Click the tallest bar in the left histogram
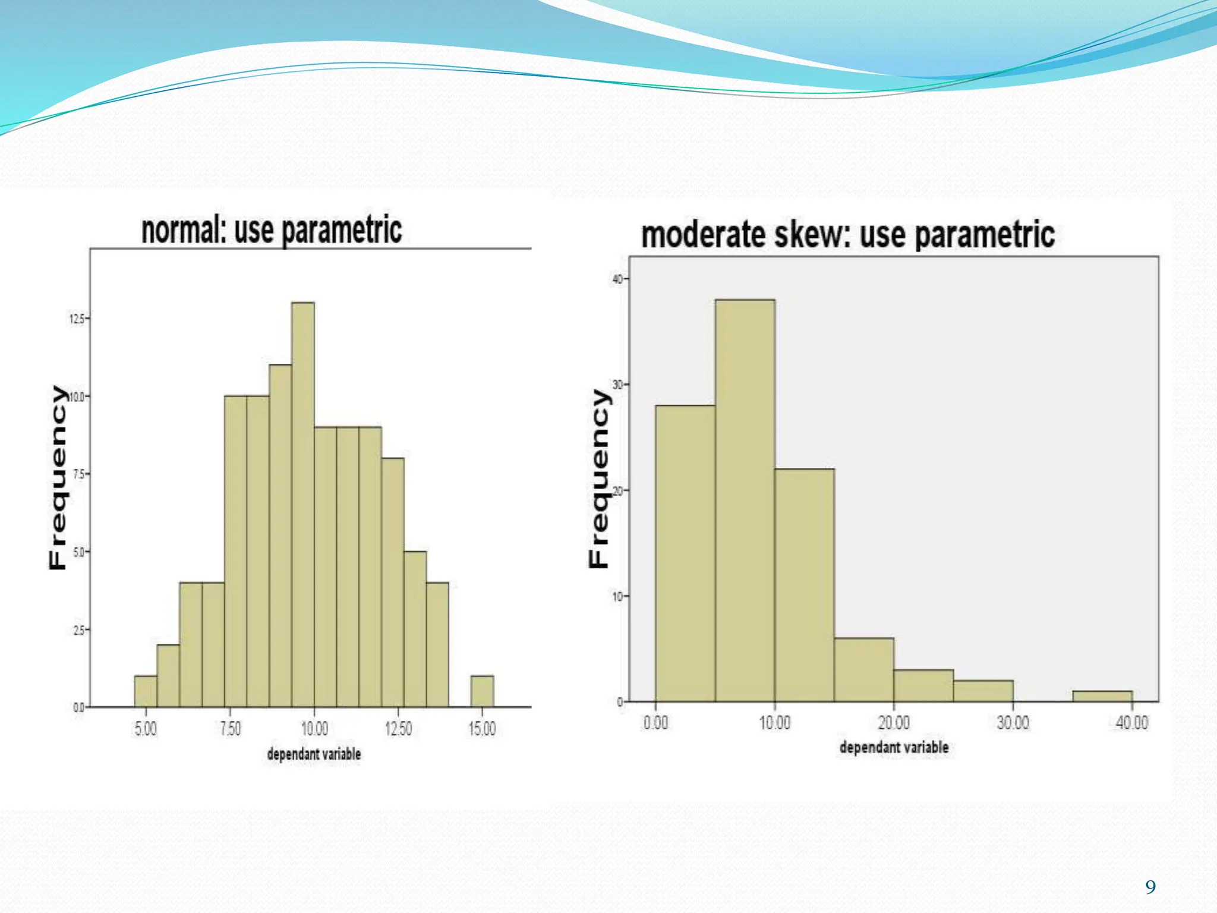click(x=303, y=505)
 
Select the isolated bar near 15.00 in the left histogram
click(x=482, y=691)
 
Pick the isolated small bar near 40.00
click(x=1102, y=696)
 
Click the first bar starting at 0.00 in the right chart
click(x=685, y=553)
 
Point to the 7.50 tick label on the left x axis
click(x=231, y=729)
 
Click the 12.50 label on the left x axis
click(x=398, y=729)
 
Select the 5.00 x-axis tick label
click(x=146, y=729)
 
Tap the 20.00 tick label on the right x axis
click(x=894, y=723)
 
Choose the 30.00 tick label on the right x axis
click(x=1013, y=723)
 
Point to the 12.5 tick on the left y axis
click(x=77, y=319)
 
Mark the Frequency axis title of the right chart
click(x=599, y=478)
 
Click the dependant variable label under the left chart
click(x=314, y=754)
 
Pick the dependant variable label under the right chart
click(x=894, y=748)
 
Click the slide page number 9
click(x=1150, y=887)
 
